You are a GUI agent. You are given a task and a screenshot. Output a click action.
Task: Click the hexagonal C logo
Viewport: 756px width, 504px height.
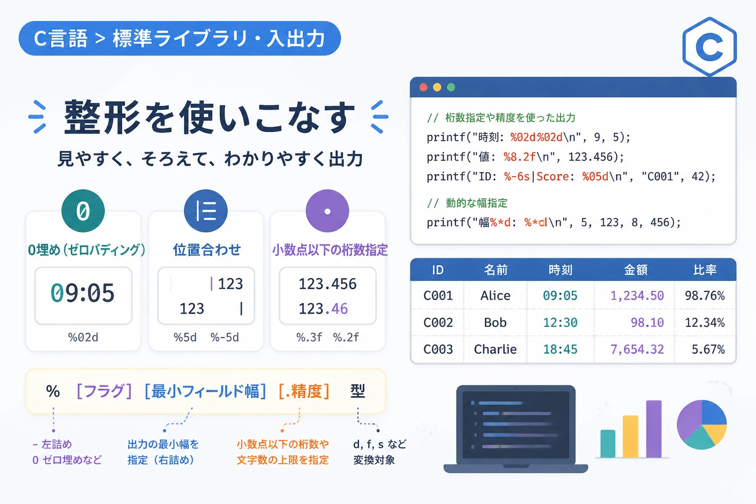pyautogui.click(x=709, y=47)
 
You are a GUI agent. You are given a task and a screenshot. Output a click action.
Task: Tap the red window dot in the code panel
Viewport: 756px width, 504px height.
pyautogui.click(x=423, y=88)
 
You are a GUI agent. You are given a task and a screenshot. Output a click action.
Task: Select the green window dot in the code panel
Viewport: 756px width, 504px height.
pyautogui.click(x=451, y=88)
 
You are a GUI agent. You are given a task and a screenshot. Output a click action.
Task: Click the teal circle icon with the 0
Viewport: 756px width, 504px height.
pyautogui.click(x=83, y=211)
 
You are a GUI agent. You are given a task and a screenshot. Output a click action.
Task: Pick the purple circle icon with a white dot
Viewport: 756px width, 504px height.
pyautogui.click(x=327, y=211)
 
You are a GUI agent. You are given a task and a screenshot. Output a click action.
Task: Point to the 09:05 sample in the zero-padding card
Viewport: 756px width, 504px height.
pyautogui.click(x=83, y=293)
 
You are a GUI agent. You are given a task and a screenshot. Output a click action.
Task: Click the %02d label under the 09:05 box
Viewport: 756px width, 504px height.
pyautogui.click(x=83, y=337)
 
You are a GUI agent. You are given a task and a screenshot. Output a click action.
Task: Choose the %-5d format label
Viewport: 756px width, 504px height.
pyautogui.click(x=225, y=337)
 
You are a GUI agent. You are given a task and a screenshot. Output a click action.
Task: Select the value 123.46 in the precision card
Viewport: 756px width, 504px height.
pyautogui.click(x=323, y=309)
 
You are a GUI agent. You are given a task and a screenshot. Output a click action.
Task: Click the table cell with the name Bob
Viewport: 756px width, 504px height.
pyautogui.click(x=495, y=322)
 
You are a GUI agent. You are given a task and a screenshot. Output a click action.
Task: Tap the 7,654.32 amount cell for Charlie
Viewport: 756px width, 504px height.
pyautogui.click(x=637, y=349)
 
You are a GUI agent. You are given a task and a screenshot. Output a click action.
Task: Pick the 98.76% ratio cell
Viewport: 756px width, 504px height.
pyautogui.click(x=705, y=296)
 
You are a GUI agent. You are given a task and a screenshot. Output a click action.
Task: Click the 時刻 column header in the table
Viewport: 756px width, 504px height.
pyautogui.click(x=560, y=270)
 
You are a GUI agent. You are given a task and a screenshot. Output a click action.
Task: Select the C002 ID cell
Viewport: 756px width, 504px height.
pyautogui.click(x=438, y=322)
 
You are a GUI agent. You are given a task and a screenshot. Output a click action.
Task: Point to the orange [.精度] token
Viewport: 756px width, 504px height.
pyautogui.click(x=304, y=392)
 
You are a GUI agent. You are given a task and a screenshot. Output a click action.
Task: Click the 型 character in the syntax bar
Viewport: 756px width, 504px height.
pyautogui.click(x=358, y=391)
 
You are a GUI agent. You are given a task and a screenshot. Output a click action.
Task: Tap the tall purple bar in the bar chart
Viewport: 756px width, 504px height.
pyautogui.click(x=654, y=429)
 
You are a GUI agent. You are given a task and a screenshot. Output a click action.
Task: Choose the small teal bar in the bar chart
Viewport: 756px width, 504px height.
pyautogui.click(x=608, y=443)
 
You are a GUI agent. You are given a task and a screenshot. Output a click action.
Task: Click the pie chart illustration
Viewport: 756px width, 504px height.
pyautogui.click(x=702, y=425)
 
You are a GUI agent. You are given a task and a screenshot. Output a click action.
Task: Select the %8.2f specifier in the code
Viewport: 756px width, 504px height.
pyautogui.click(x=520, y=157)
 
